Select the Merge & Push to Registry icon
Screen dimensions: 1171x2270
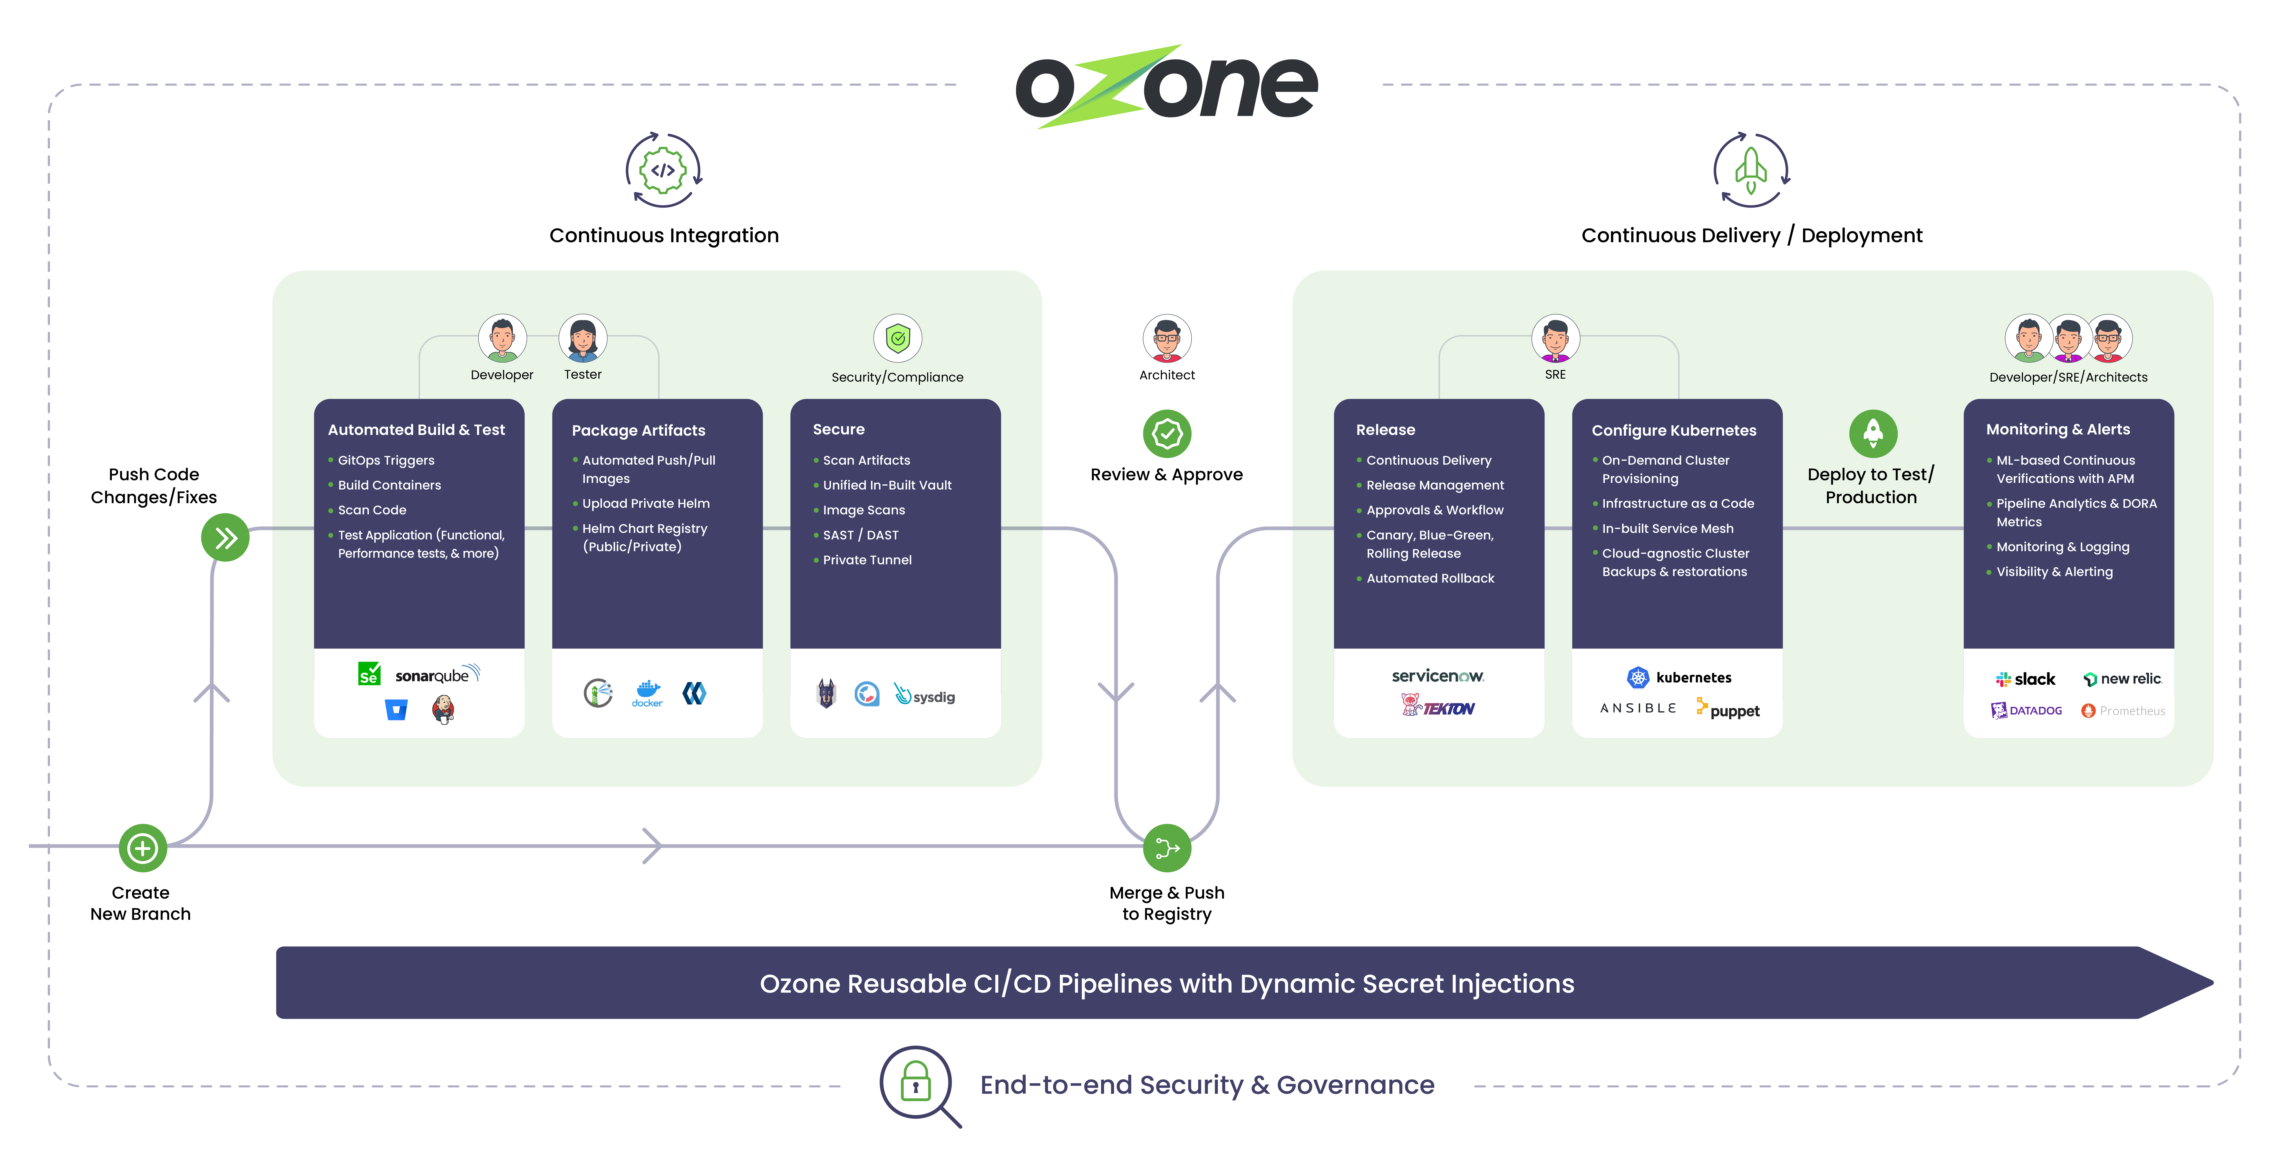coord(1167,848)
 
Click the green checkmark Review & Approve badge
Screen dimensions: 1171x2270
coord(1167,433)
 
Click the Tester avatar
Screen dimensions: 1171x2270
coord(582,338)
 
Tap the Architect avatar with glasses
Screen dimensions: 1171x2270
coord(1167,338)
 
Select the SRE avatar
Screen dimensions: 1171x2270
coord(1555,338)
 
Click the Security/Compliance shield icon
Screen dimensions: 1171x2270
coord(897,338)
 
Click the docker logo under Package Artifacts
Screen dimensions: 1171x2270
coord(648,693)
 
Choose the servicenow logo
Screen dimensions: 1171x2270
coord(1437,676)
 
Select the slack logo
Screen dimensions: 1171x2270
coord(2025,679)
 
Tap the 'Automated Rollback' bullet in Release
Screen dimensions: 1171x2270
coord(1429,578)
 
